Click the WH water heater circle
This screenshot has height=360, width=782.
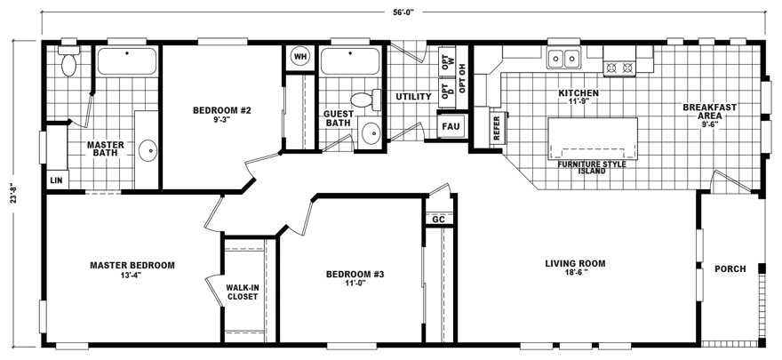tap(299, 56)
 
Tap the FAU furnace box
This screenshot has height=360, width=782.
tap(451, 126)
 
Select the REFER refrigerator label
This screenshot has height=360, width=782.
tap(496, 128)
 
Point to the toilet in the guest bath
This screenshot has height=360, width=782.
tap(365, 100)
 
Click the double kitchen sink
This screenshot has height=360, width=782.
tap(564, 59)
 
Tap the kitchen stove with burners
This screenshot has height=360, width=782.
tap(619, 68)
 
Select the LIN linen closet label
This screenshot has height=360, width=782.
tap(56, 180)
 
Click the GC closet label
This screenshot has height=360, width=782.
tap(438, 219)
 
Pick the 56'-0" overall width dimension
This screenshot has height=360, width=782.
tap(403, 12)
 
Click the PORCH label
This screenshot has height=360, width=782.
tap(730, 269)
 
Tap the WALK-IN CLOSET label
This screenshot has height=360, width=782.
tap(243, 292)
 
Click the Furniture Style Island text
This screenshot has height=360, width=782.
tap(592, 167)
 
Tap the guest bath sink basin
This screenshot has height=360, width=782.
tap(371, 133)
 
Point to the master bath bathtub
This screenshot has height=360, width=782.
tap(127, 61)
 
